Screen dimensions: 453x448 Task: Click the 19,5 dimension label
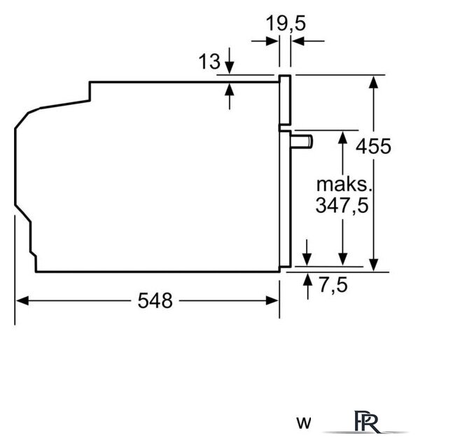coord(286,23)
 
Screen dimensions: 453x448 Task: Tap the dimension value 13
coord(209,61)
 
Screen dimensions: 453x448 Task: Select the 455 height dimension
coord(373,146)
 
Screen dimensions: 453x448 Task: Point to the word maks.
coord(344,184)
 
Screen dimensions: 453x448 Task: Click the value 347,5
coord(342,205)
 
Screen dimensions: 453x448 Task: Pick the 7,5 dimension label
coord(333,285)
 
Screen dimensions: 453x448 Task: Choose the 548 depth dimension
coord(155,300)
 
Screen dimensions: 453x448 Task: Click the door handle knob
coord(302,141)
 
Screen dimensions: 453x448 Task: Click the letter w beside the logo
coord(304,423)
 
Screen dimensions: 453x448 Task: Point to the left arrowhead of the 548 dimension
coord(22,300)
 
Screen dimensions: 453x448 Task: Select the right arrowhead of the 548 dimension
coord(272,300)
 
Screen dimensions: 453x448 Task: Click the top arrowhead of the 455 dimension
coord(374,82)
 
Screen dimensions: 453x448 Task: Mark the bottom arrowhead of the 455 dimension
coord(374,265)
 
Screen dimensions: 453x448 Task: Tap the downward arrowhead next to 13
coord(230,68)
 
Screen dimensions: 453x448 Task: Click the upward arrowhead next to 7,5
coord(307,279)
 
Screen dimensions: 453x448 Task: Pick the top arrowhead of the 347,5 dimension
coord(342,137)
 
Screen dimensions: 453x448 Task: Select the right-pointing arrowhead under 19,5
coord(272,41)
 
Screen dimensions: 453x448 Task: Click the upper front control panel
coord(285,100)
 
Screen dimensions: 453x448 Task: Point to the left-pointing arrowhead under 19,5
coord(298,41)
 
